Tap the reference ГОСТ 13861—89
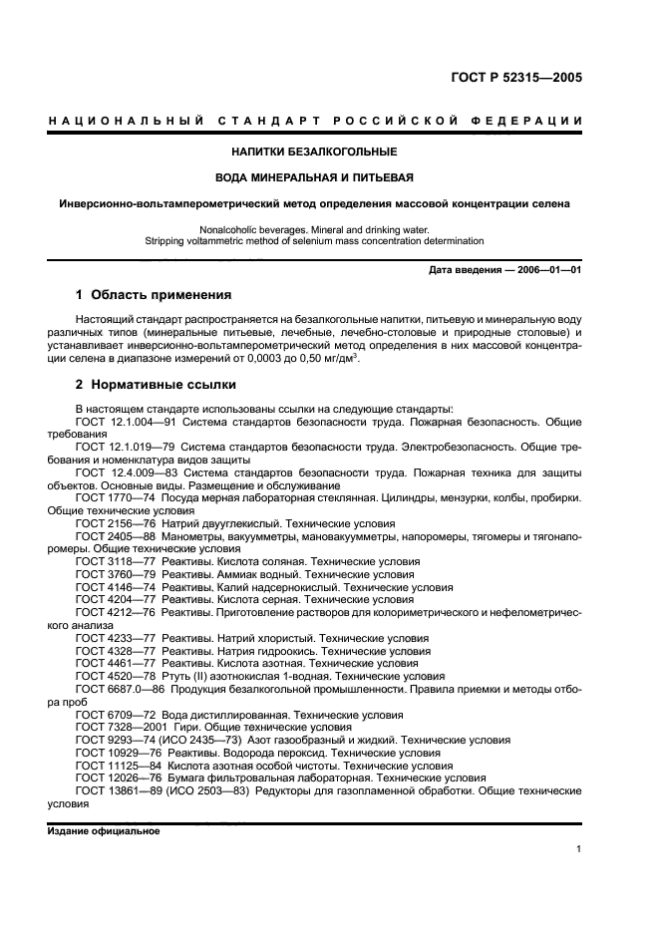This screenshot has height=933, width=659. click(120, 789)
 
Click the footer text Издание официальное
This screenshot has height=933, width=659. click(104, 830)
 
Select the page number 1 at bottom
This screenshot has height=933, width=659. click(578, 849)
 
